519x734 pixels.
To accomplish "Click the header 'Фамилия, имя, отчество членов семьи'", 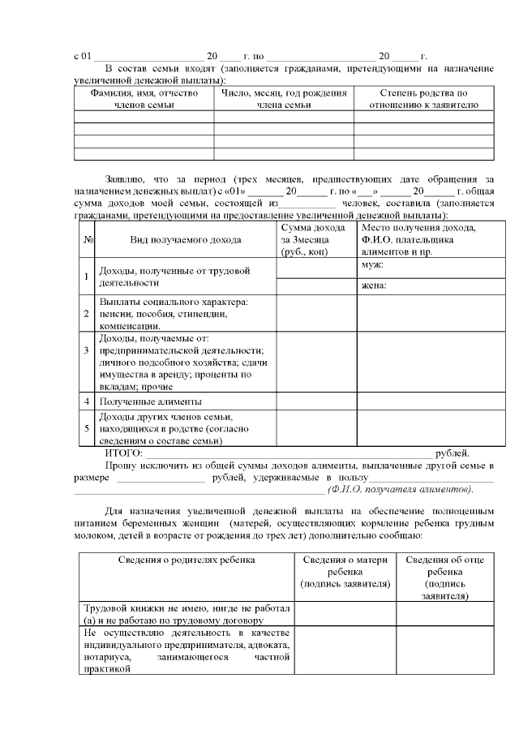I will click(x=144, y=99).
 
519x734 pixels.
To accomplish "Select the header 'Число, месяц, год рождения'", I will click(x=284, y=99).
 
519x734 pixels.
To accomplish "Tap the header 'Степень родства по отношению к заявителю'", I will click(x=423, y=99).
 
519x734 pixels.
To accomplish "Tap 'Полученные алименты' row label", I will click(x=150, y=401).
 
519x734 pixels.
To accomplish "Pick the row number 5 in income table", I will click(x=88, y=428).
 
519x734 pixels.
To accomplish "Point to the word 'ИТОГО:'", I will click(x=124, y=453).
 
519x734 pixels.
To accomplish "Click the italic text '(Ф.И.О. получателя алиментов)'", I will click(x=400, y=490).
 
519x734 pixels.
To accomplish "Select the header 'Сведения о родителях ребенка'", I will click(x=187, y=560).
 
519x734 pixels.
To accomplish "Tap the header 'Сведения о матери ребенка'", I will click(x=345, y=571).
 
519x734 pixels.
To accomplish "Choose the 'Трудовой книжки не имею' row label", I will click(x=187, y=614).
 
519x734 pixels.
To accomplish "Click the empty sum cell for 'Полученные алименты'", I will click(x=316, y=401).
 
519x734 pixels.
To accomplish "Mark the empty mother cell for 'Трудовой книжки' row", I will click(x=345, y=614).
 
